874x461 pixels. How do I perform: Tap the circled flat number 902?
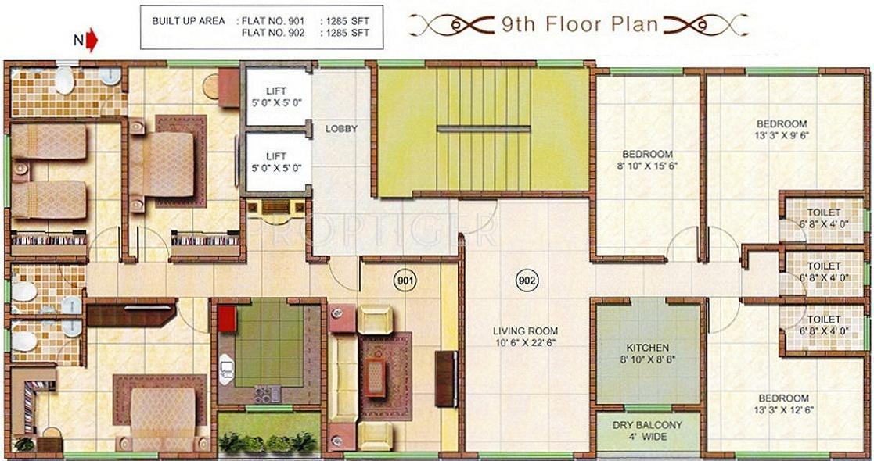click(527, 280)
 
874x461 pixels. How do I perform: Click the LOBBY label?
click(341, 129)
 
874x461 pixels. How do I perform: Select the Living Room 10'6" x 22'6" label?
click(525, 337)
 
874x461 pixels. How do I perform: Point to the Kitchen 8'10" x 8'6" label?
click(647, 353)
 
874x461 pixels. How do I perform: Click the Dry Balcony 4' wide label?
click(647, 431)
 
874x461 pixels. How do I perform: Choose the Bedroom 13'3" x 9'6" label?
click(781, 129)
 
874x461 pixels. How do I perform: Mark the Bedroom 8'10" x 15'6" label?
click(647, 159)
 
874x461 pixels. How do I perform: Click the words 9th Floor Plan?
click(580, 24)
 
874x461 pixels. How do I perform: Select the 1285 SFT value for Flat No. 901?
click(345, 20)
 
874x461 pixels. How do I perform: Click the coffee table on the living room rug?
click(375, 376)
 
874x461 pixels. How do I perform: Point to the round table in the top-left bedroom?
click(212, 87)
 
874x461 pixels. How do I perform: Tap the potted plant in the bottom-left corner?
click(24, 444)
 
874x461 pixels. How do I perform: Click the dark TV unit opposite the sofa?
click(445, 379)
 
